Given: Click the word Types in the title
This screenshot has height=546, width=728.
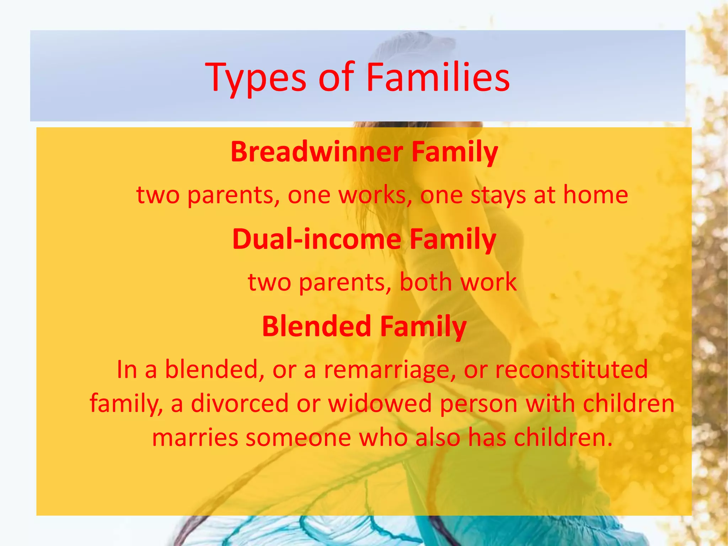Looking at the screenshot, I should pos(255,78).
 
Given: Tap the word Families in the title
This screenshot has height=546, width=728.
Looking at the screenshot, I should pos(438,77).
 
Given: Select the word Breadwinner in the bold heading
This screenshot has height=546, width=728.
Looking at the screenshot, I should pos(316,152).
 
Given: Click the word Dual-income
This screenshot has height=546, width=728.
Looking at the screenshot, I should pos(316,239).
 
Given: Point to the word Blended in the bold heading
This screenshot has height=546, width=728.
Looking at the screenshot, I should pos(316,326).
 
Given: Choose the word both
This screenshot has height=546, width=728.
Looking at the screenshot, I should pos(425,282).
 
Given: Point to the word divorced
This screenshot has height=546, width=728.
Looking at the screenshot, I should pos(240,403).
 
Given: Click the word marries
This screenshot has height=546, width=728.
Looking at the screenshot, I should pos(195,438).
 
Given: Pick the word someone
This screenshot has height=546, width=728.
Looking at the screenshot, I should pos(298,438).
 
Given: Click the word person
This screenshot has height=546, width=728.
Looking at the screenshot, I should pos(478,404).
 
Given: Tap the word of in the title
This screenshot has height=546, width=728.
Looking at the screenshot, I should pos(336,77).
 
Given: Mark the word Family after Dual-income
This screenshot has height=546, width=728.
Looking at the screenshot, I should pos(453,239).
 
